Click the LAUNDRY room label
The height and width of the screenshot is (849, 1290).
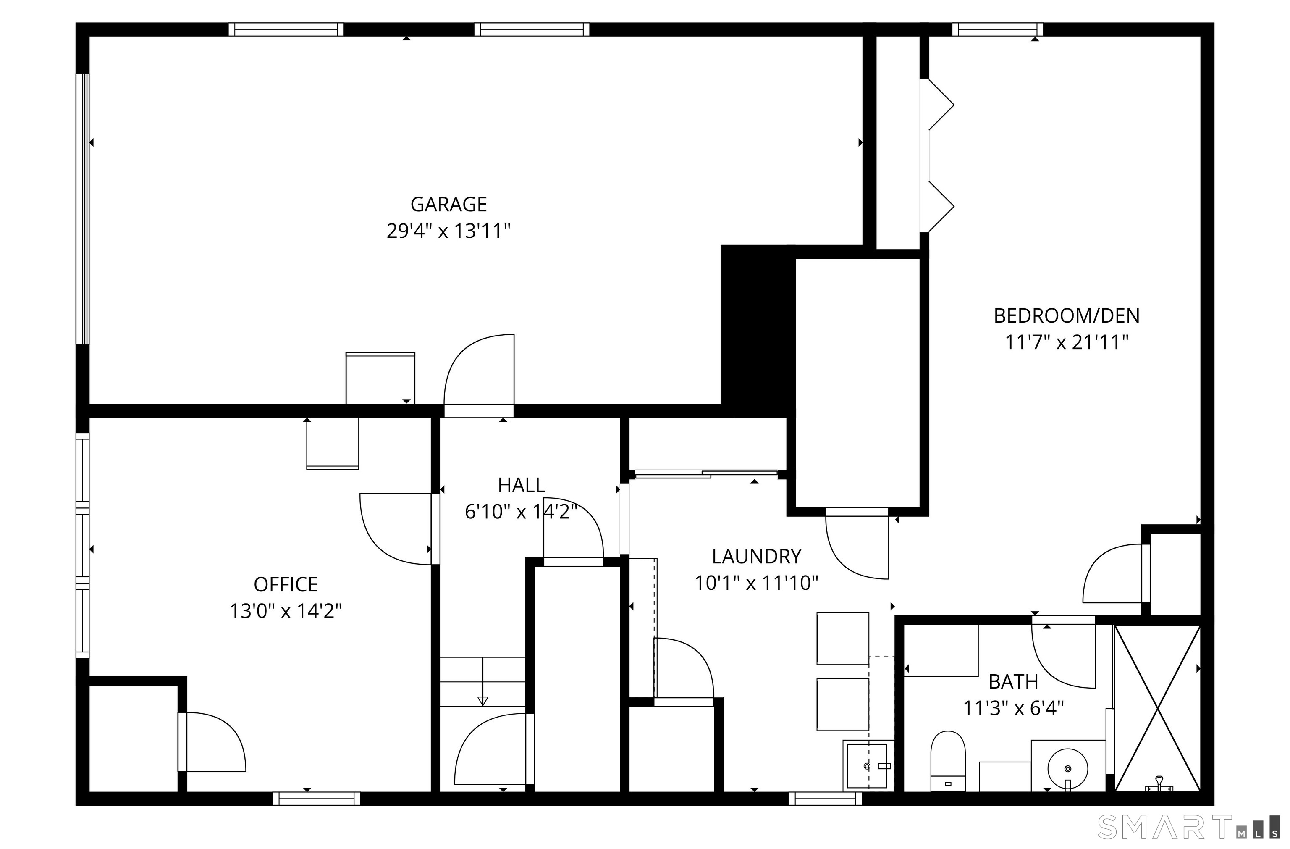756,557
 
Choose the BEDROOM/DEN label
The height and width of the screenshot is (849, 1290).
1066,316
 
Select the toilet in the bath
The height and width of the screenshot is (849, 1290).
948,761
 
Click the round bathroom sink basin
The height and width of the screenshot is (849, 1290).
1067,768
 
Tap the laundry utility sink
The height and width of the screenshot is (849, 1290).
868,765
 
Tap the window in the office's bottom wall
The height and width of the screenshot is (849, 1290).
317,798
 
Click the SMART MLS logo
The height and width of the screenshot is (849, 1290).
1189,827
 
